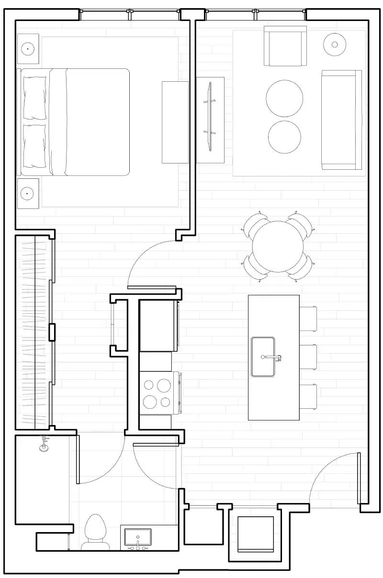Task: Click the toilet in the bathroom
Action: coord(94,531)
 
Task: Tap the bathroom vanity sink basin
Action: coord(138,536)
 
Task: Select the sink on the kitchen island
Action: coord(263,357)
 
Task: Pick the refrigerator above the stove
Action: coord(158,326)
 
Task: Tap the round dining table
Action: coord(278,247)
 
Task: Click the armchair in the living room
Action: coord(285,46)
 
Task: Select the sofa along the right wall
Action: coord(341,120)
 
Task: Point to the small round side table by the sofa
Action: coord(334,44)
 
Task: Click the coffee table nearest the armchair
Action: coord(284,98)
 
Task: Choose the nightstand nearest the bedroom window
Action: coord(28,49)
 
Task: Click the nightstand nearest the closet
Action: coord(28,194)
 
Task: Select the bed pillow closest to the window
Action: coord(35,98)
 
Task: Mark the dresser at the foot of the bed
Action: coord(175,122)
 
